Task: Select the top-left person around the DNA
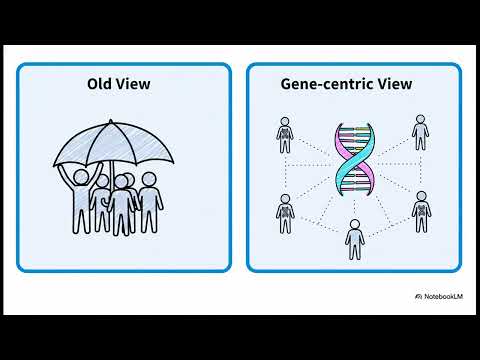[x=286, y=134]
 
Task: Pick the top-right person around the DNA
[x=420, y=133]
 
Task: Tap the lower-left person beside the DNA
[x=285, y=212]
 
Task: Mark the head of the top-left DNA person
[x=286, y=120]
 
